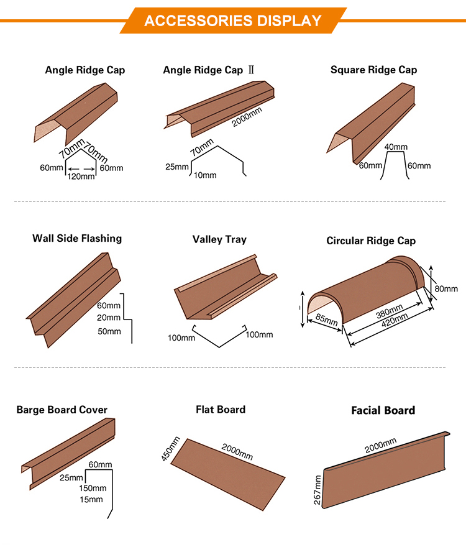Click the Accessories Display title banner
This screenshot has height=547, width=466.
coord(233,21)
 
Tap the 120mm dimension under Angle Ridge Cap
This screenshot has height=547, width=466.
coord(82,177)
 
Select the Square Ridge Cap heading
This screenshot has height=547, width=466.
coord(373,70)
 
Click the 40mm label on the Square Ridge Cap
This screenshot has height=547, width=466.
coord(396,147)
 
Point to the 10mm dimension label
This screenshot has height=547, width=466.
coord(204,175)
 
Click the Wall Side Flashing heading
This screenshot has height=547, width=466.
coord(77,238)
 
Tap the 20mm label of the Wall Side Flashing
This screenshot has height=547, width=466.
coord(109,318)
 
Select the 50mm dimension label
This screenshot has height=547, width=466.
coord(109,331)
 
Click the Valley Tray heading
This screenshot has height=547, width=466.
coord(219,239)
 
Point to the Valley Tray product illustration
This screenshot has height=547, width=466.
coord(224,286)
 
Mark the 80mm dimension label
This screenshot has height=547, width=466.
coord(445,288)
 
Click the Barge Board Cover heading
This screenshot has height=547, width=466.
coord(62,410)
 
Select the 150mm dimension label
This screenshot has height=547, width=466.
coord(93,489)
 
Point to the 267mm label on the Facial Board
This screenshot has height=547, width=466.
coord(317,490)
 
